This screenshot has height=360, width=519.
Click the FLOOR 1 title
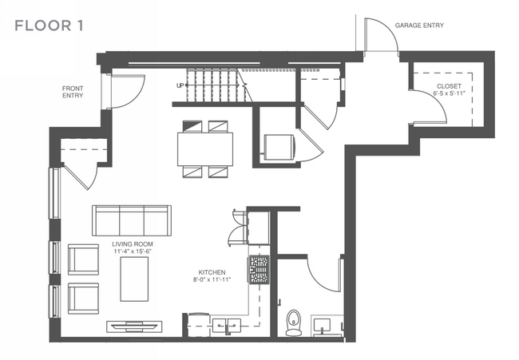click(49, 26)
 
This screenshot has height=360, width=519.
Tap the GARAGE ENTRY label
click(419, 26)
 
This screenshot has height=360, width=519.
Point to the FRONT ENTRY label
click(73, 92)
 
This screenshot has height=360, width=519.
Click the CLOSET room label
click(449, 86)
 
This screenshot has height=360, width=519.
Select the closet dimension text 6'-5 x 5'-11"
click(450, 93)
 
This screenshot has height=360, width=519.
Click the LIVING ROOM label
click(133, 244)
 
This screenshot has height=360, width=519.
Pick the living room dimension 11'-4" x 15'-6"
click(133, 251)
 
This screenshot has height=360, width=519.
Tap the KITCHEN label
click(212, 272)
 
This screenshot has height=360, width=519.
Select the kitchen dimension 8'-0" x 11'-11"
click(212, 279)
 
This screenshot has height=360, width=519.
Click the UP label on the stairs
click(180, 85)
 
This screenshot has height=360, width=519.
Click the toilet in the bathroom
click(293, 322)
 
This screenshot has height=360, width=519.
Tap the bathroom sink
click(322, 326)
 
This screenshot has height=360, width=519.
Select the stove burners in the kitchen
click(259, 269)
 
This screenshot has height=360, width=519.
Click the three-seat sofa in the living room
click(132, 220)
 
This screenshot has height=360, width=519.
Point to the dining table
click(205, 149)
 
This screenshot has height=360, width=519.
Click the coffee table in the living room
click(134, 279)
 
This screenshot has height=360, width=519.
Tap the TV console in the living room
click(134, 326)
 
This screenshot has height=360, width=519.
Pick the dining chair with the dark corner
click(192, 126)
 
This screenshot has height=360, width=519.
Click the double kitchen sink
click(227, 326)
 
